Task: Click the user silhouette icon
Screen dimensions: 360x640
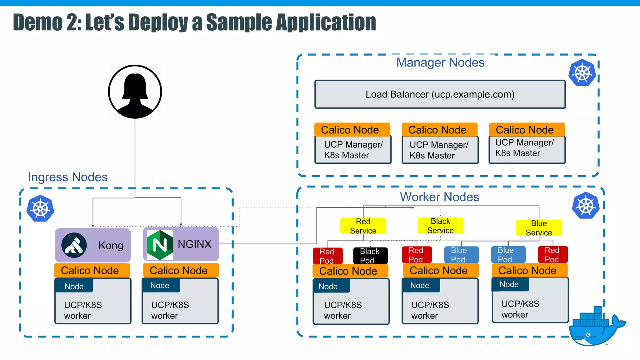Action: (x=135, y=92)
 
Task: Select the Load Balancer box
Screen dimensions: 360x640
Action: (x=440, y=94)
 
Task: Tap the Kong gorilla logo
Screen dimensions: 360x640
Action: (x=74, y=245)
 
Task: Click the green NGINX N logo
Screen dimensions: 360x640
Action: (x=160, y=245)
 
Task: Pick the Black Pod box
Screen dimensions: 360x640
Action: (x=370, y=256)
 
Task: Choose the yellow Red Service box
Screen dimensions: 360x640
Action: (x=363, y=226)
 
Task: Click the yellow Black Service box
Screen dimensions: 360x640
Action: (x=440, y=226)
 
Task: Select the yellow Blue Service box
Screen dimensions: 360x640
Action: (x=539, y=228)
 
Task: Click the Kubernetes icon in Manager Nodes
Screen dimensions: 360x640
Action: (x=582, y=73)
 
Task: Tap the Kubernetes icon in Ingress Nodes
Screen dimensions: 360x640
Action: (x=40, y=208)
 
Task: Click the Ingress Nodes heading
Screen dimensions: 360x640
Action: (x=67, y=177)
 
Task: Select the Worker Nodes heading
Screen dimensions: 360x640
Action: (x=439, y=197)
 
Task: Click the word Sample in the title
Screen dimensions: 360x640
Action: (x=238, y=22)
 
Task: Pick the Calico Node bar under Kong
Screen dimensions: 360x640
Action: (x=92, y=270)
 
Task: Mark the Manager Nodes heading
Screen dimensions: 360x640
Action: (x=440, y=62)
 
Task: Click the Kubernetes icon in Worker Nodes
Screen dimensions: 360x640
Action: (x=586, y=206)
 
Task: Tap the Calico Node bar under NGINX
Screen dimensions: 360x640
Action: (x=181, y=270)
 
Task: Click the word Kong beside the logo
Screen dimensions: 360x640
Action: (x=111, y=246)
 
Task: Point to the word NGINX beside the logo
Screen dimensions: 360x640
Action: (x=194, y=244)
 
